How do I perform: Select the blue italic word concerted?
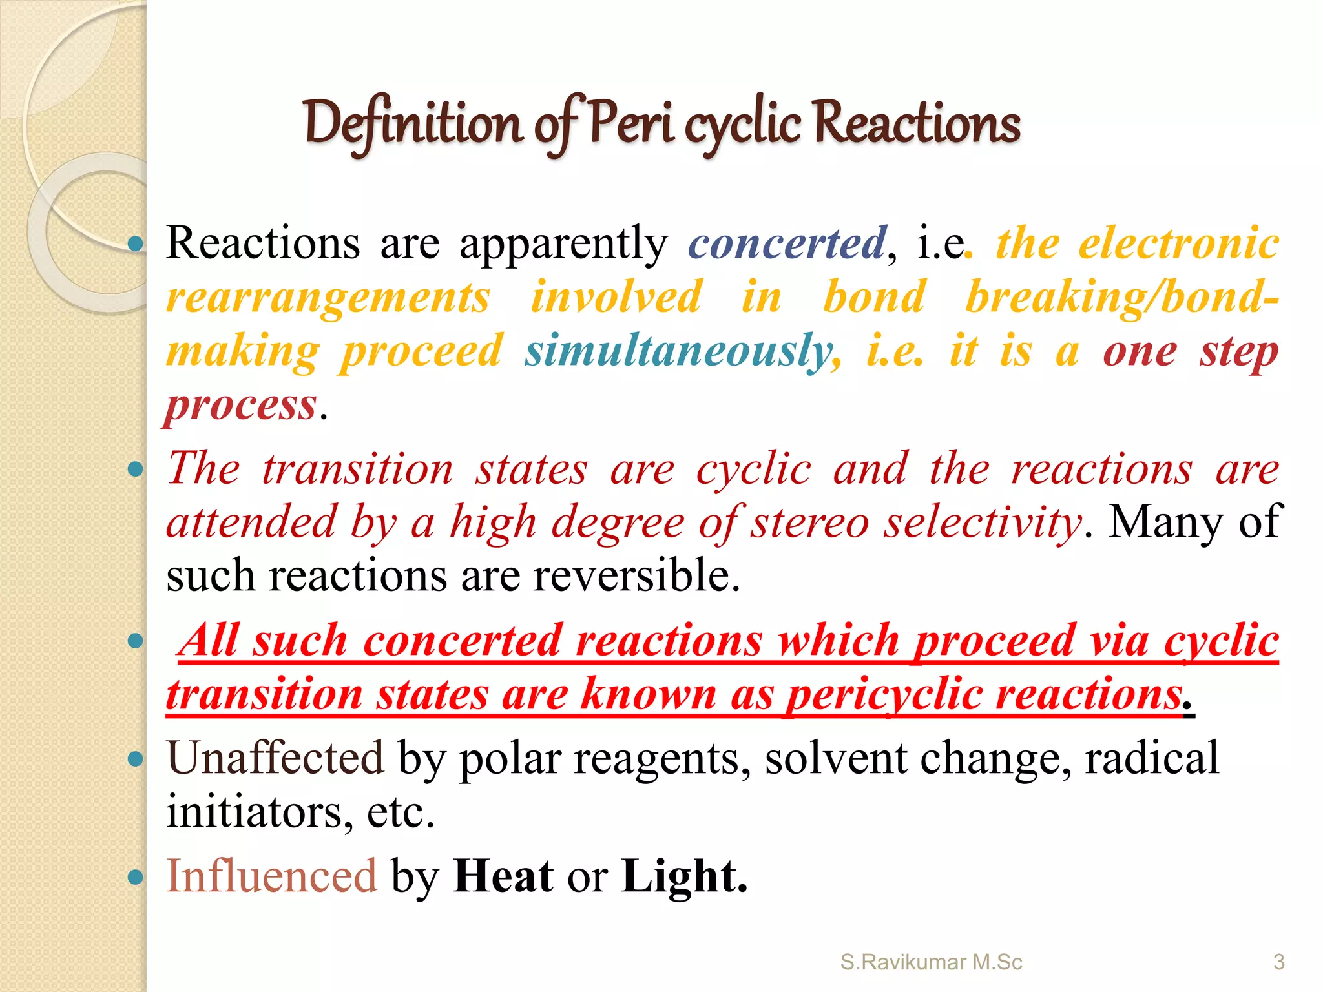click(787, 243)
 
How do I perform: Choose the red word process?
click(241, 405)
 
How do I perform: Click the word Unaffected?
click(275, 758)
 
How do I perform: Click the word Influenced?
click(271, 876)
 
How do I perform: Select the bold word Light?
click(683, 876)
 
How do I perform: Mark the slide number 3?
click(1278, 962)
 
